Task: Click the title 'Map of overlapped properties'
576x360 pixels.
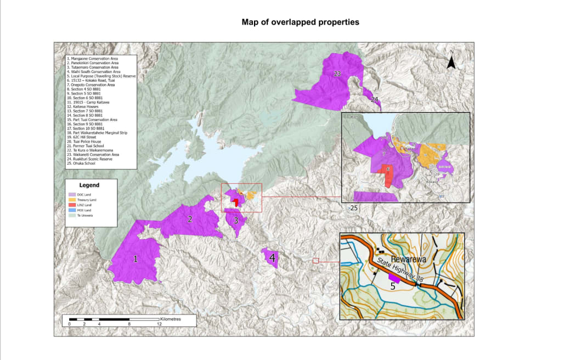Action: click(301, 22)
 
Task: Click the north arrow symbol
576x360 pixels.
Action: click(451, 62)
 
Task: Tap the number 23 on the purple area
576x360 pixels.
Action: click(337, 74)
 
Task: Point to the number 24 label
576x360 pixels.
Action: click(374, 99)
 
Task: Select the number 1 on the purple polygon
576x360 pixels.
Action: click(136, 259)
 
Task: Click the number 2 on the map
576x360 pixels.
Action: click(190, 220)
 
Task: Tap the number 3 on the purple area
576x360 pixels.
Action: click(236, 221)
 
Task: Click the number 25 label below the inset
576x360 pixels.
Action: click(354, 209)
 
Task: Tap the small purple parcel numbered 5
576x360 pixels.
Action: click(394, 277)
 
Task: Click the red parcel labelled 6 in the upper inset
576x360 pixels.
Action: click(388, 176)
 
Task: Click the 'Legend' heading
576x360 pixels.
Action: click(89, 185)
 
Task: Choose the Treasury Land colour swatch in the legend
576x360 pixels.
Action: click(71, 200)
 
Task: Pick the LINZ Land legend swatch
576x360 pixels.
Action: click(71, 205)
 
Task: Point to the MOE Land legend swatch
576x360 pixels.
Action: click(71, 211)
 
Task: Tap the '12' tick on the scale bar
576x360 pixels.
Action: click(159, 324)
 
